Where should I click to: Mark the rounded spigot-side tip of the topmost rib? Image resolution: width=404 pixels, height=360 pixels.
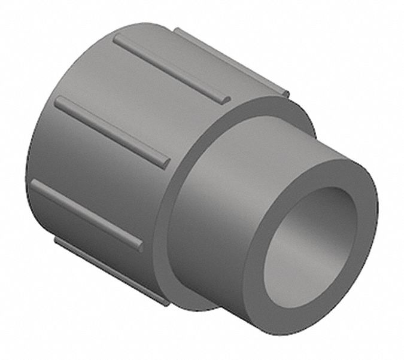[224, 97]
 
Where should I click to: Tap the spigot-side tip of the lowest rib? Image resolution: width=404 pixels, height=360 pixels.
[165, 301]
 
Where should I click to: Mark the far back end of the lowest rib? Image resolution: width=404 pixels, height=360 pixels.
[58, 240]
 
